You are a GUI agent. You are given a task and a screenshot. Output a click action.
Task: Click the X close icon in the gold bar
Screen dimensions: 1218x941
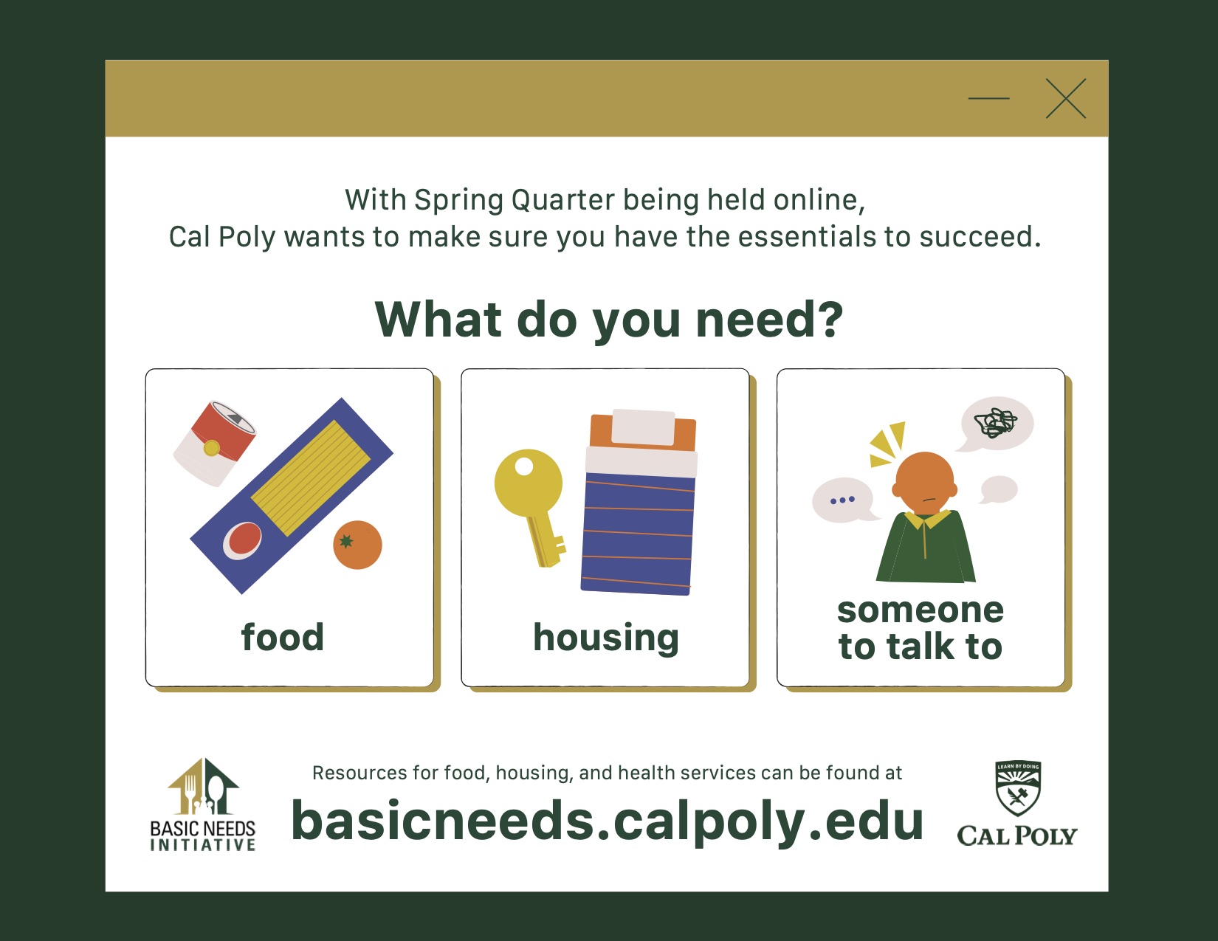(1065, 99)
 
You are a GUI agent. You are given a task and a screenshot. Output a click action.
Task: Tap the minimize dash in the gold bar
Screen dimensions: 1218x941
(988, 98)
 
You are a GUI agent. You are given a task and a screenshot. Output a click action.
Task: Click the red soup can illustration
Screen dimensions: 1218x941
(215, 444)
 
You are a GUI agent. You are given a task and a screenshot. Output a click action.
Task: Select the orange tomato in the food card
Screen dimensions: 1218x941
(357, 545)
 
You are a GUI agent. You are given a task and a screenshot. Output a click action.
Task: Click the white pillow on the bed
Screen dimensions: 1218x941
(644, 427)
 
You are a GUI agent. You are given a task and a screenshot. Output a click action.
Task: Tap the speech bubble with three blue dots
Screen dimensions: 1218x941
(844, 500)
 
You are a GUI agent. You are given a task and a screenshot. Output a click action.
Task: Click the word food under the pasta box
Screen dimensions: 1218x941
(283, 637)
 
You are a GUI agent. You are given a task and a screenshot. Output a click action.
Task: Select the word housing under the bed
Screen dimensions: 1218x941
(606, 638)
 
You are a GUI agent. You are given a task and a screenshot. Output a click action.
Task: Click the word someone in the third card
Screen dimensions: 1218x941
(921, 611)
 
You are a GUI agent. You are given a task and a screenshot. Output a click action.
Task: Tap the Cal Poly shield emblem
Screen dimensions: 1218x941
(1018, 788)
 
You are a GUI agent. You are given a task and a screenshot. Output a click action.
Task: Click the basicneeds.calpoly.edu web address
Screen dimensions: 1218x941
(608, 821)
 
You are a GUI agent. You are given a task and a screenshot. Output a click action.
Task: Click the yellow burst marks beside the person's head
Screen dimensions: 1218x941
(887, 444)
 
